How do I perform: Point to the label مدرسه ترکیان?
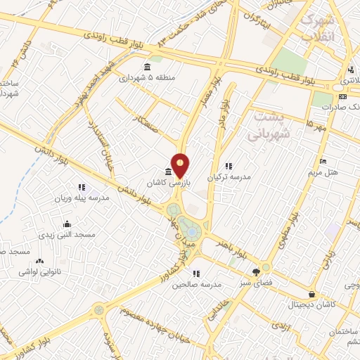229,176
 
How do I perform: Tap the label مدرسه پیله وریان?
82,198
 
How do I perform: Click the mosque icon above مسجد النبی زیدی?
67,224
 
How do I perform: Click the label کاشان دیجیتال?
312,305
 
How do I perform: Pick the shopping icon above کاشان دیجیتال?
311,295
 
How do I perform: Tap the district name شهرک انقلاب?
321,29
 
